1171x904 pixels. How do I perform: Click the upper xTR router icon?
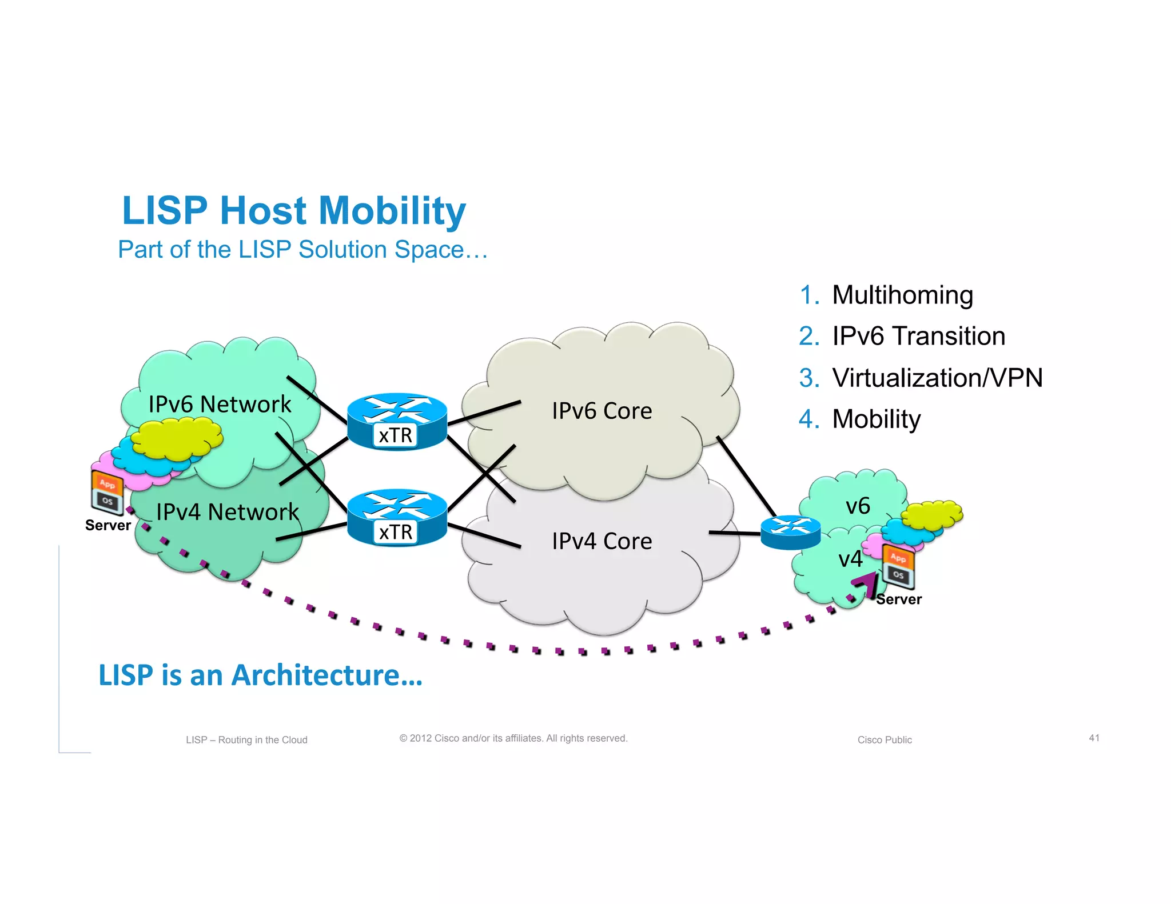point(397,421)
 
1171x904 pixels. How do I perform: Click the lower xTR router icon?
point(397,518)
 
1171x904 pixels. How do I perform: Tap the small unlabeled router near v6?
point(790,532)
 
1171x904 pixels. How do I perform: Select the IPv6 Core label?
point(602,411)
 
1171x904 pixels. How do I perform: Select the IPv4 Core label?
point(602,541)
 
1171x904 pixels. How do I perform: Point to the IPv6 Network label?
point(220,405)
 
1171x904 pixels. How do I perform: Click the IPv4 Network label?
point(227,512)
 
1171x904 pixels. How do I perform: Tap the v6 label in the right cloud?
point(858,506)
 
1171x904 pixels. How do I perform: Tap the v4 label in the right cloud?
point(850,559)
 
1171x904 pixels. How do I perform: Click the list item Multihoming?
point(902,295)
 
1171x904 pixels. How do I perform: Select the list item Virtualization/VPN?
point(937,378)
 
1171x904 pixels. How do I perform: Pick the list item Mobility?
point(876,419)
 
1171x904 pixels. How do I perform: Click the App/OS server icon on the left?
point(107,492)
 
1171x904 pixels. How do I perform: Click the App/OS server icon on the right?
point(898,566)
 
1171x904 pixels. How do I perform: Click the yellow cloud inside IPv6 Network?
point(177,438)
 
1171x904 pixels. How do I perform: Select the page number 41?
point(1094,738)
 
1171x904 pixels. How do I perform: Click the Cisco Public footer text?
point(885,740)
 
